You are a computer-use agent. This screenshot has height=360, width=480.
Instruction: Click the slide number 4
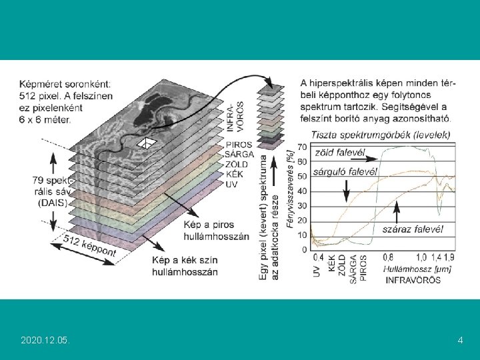click(x=461, y=341)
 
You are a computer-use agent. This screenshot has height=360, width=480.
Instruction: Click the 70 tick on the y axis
click(x=302, y=147)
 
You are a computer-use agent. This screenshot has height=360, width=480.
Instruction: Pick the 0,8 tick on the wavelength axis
click(x=387, y=257)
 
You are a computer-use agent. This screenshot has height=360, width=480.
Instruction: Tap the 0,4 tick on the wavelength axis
click(x=319, y=257)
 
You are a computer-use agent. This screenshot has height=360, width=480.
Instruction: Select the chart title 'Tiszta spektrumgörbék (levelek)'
click(x=375, y=135)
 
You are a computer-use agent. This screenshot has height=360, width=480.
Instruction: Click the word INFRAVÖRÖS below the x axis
click(x=413, y=281)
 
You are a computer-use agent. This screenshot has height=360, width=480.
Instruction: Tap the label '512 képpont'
click(x=89, y=245)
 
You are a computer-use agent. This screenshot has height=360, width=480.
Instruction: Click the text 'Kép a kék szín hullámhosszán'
click(x=175, y=267)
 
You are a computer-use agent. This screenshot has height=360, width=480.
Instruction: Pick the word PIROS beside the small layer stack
click(x=238, y=145)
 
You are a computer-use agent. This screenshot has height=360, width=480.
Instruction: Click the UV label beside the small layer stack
click(x=231, y=184)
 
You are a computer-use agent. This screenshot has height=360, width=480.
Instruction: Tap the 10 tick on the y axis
click(x=302, y=235)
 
